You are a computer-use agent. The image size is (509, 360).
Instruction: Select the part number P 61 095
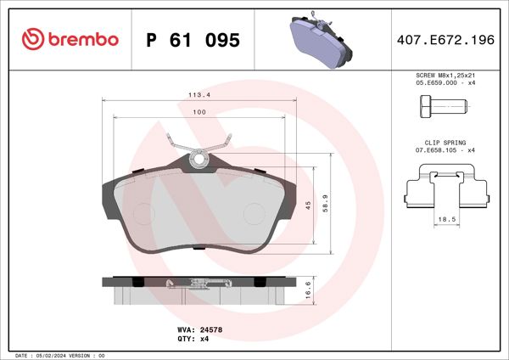pyautogui.click(x=193, y=40)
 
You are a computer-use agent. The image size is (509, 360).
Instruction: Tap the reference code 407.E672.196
pyautogui.click(x=445, y=40)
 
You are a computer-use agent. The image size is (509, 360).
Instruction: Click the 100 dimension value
pyautogui.click(x=199, y=112)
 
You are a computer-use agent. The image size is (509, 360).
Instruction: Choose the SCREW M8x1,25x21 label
pyautogui.click(x=446, y=76)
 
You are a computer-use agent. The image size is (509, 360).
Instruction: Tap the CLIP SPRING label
pyautogui.click(x=445, y=143)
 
